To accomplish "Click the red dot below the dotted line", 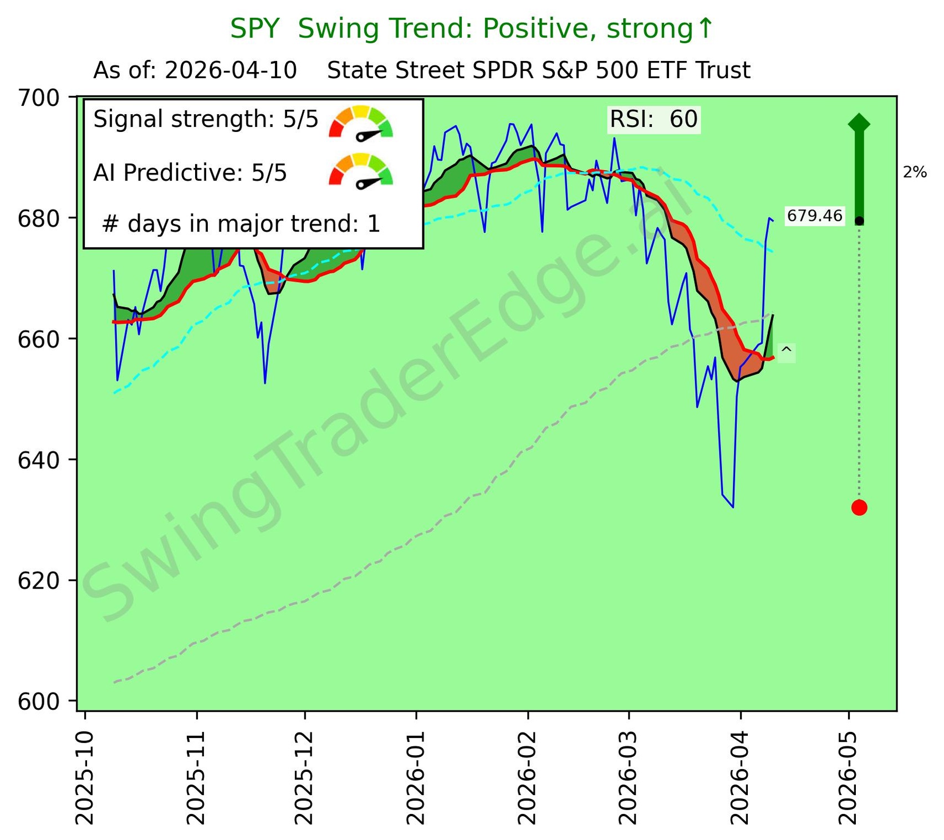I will [x=859, y=507].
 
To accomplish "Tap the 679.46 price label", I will [x=814, y=216].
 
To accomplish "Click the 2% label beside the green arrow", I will [x=915, y=172].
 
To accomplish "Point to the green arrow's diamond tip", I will [x=859, y=123].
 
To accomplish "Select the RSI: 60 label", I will [x=654, y=119].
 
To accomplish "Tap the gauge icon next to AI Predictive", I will [x=361, y=170].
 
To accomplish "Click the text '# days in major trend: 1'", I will [x=241, y=224].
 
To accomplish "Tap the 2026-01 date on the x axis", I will [x=416, y=778].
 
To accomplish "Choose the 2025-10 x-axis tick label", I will [x=84, y=778].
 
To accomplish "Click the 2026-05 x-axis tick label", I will [x=848, y=778].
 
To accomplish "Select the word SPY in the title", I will [x=254, y=29].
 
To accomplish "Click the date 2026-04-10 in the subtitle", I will [x=231, y=71].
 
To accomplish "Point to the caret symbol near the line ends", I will [x=786, y=352].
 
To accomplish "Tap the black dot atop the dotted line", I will [x=859, y=221].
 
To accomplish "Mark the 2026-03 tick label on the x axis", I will [x=629, y=778].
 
